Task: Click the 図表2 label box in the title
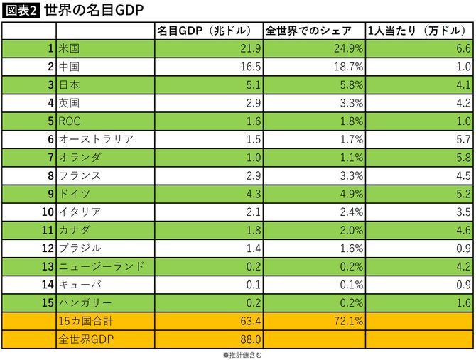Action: [21, 11]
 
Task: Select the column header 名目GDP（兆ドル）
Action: [201, 31]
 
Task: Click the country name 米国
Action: [70, 48]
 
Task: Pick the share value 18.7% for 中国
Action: [349, 67]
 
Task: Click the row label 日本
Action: [70, 84]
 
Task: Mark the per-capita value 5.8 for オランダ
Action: [463, 157]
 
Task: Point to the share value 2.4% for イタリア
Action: [351, 212]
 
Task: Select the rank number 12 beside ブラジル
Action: [48, 248]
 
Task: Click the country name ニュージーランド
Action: [101, 266]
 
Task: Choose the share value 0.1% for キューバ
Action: [351, 284]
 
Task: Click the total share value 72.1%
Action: [349, 321]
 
